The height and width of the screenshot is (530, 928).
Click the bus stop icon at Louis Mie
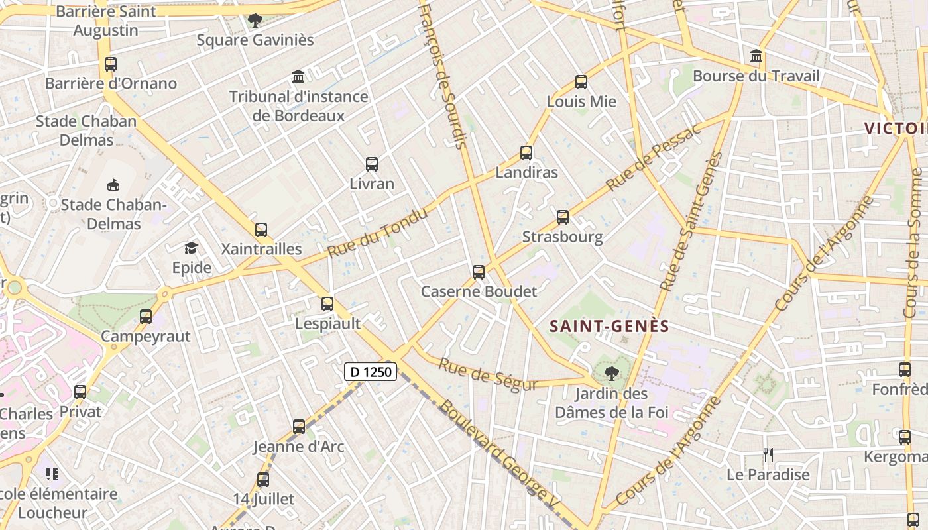click(581, 82)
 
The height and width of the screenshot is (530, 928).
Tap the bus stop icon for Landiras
click(526, 153)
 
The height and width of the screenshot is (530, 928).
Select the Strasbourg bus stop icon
click(563, 217)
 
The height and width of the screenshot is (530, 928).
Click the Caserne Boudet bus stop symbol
click(479, 272)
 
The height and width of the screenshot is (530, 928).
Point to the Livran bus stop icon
click(372, 164)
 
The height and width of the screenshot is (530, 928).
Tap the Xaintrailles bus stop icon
click(261, 230)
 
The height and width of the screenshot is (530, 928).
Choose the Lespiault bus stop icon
click(327, 304)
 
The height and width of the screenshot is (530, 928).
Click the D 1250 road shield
click(371, 372)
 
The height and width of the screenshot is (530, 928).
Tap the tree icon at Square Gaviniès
click(255, 21)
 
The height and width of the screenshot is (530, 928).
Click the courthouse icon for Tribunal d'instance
click(298, 77)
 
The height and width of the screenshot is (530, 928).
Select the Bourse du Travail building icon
click(756, 56)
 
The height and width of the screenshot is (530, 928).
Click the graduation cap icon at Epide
click(192, 248)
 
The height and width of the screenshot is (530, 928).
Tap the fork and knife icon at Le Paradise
click(768, 455)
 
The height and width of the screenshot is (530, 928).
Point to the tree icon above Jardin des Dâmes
click(612, 374)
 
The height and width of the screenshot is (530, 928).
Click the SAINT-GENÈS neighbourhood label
click(610, 326)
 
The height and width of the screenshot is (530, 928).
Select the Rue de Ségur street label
click(487, 375)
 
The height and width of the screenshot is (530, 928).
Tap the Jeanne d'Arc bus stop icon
click(299, 427)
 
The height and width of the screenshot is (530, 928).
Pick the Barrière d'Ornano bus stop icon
click(111, 64)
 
